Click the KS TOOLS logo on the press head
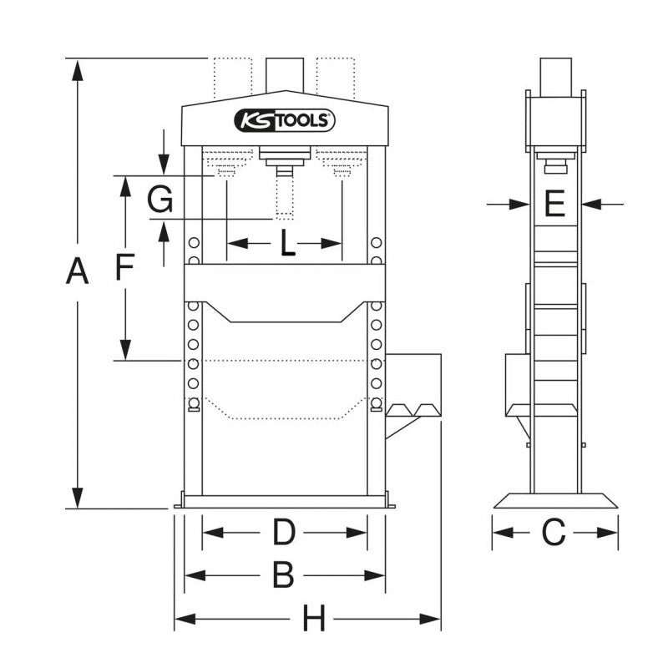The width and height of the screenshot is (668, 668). [x=285, y=120]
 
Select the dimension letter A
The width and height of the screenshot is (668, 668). [x=77, y=272]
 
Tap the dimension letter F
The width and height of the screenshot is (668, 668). [x=124, y=268]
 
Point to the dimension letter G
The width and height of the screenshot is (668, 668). [x=159, y=200]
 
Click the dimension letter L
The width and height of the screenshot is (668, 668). [x=286, y=244]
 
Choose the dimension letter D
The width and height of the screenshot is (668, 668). [x=285, y=532]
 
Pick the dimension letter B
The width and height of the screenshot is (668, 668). [x=284, y=574]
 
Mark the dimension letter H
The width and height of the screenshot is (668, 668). [x=313, y=620]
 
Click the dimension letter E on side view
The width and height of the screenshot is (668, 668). [x=554, y=203]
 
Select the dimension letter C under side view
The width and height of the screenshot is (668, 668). [x=554, y=532]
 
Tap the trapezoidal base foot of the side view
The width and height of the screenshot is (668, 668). [x=555, y=500]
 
